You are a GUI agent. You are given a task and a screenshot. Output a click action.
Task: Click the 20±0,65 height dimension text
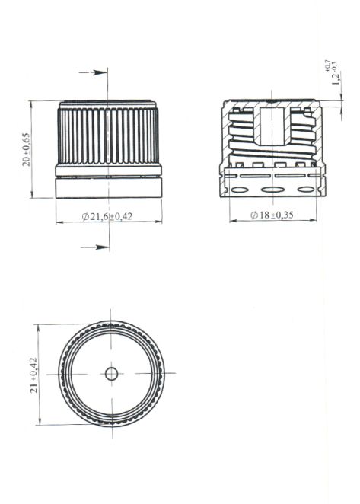[27, 149]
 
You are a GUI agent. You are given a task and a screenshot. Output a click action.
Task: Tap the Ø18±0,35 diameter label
[272, 215]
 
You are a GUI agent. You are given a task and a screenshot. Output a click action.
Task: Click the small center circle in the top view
[111, 373]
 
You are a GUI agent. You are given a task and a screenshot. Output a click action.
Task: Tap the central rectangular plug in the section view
[272, 125]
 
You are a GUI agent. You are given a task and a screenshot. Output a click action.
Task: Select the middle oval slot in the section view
[272, 190]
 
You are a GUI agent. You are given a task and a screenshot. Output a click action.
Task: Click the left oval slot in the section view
[238, 190]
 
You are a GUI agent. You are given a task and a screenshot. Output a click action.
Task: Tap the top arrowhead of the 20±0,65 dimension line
[32, 104]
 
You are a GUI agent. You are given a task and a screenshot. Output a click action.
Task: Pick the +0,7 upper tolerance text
[328, 66]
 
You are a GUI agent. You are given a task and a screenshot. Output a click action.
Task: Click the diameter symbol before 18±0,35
[253, 215]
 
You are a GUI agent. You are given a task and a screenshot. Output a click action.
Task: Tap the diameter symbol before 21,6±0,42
[84, 217]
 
